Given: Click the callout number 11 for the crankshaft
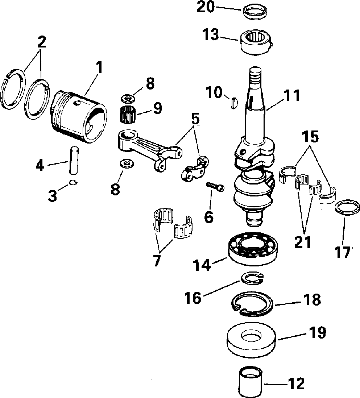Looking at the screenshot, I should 292,96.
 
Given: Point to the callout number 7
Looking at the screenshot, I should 157,260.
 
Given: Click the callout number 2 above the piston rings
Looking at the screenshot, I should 42,42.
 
